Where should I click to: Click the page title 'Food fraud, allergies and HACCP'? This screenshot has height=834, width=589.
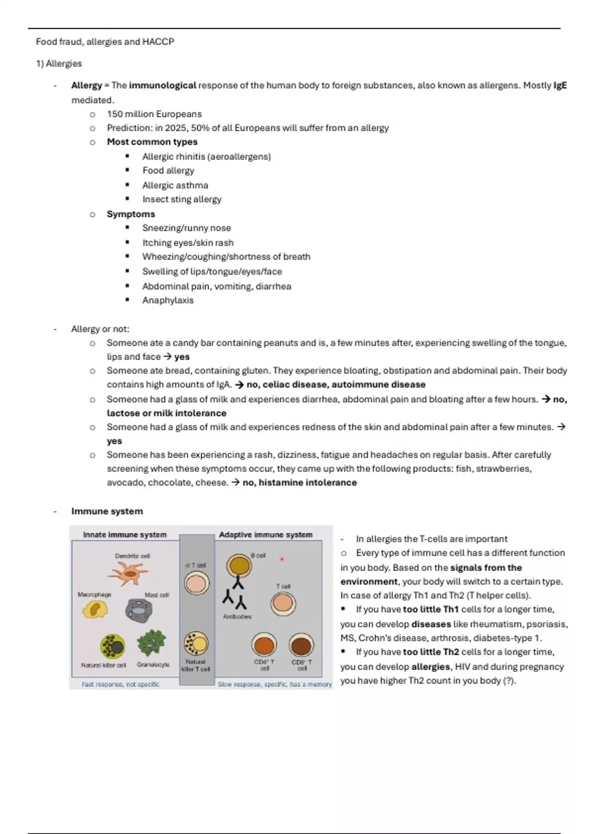pos(105,42)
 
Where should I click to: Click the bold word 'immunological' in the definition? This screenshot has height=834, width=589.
pos(162,85)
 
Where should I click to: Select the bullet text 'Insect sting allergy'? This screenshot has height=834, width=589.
pos(182,199)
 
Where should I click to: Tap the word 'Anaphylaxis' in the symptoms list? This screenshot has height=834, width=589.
pos(168,300)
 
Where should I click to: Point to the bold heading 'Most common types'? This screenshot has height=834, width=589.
pos(152,142)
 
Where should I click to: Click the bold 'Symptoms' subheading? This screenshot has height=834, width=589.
pos(131,214)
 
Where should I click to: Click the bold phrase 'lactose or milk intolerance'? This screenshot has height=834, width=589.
pos(166,413)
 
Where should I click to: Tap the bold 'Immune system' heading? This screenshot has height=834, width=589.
pos(107,511)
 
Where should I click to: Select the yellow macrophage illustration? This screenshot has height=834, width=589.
pos(95,610)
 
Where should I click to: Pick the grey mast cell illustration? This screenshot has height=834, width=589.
pos(139,610)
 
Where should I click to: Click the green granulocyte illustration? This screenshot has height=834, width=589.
pos(152,643)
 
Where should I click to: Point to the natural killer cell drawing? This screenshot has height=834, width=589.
pos(113,646)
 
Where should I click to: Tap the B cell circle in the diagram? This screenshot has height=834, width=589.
pos(239,566)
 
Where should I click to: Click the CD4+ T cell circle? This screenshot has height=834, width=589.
pos(264,645)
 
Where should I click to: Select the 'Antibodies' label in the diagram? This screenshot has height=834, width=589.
pos(237,617)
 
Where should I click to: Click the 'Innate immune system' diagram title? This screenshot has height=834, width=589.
pos(125,535)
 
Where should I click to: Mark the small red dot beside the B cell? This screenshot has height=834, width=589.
pos(282,559)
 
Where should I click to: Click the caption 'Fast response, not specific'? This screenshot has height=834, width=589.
pos(120,684)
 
